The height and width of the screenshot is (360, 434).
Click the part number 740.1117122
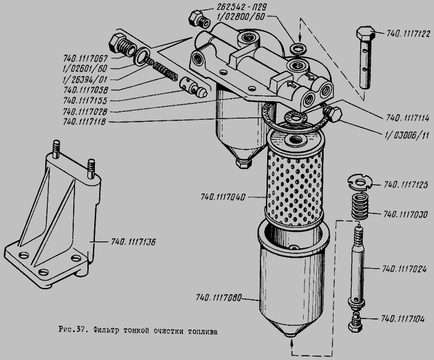pyautogui.click(x=408, y=34)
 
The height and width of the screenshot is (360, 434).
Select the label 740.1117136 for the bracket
pyautogui.click(x=133, y=242)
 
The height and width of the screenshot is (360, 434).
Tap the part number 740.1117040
pyautogui.click(x=223, y=197)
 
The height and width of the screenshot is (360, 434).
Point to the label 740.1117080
pyautogui.click(x=219, y=297)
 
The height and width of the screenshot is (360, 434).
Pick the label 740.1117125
pyautogui.click(x=405, y=184)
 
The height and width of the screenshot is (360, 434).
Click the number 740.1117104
pyautogui.click(x=403, y=318)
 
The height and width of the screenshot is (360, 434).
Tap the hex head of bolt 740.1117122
pyautogui.click(x=366, y=34)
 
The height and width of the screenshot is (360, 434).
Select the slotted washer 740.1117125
pyautogui.click(x=360, y=182)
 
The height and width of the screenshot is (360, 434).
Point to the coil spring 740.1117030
pyautogui.click(x=361, y=206)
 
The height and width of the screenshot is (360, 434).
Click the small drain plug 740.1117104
pyautogui.click(x=355, y=322)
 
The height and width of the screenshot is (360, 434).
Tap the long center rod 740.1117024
pyautogui.click(x=357, y=267)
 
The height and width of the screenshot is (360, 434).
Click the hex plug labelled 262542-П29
pyautogui.click(x=200, y=19)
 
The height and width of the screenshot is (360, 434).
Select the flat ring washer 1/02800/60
pyautogui.click(x=298, y=48)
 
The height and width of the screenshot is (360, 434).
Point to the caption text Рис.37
pyautogui.click(x=73, y=330)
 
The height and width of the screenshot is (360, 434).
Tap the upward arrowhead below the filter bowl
pyautogui.click(x=292, y=343)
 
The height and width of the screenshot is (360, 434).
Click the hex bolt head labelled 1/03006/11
pyautogui.click(x=334, y=114)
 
